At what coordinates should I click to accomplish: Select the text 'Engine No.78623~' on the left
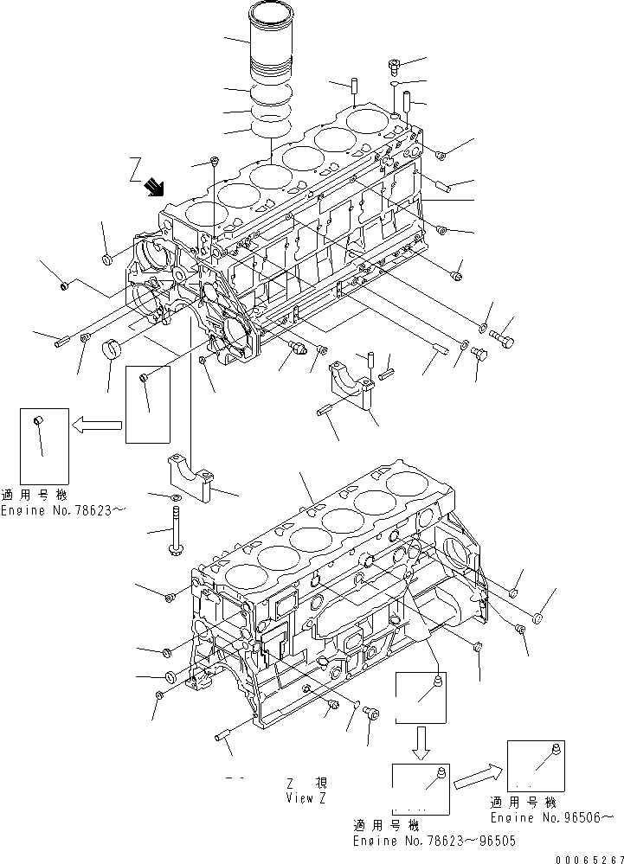(x=62, y=511)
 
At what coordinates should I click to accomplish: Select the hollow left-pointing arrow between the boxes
(x=96, y=425)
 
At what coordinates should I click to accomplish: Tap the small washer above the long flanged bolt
(x=177, y=500)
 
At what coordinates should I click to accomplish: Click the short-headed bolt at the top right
(x=394, y=63)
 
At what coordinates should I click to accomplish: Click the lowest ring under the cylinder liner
(x=269, y=130)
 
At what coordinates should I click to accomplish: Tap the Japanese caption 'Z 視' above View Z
(x=305, y=782)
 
